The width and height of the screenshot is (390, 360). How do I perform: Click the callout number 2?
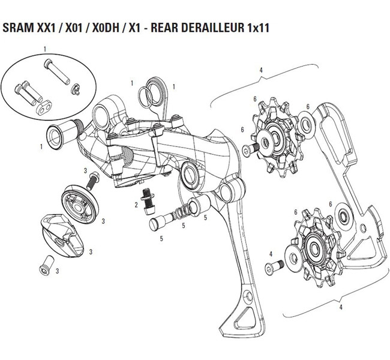point(136,205)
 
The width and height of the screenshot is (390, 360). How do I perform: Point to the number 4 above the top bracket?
point(261,70)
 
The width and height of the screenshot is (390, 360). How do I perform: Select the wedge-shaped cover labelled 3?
point(62,233)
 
